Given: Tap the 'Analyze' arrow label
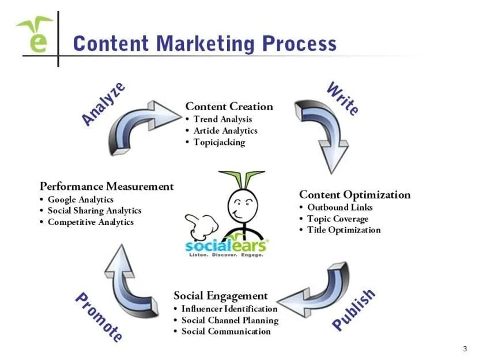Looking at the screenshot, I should (104, 104).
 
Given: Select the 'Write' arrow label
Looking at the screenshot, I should (342, 99).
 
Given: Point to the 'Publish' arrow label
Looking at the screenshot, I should (354, 310).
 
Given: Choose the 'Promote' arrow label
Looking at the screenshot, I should (99, 317).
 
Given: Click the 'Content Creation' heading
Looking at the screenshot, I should (229, 106).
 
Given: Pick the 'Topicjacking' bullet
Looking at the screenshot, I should (219, 142).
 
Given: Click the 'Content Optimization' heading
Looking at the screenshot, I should (354, 194).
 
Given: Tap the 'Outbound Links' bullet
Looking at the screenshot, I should (340, 207).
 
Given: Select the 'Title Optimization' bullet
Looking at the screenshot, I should (344, 230).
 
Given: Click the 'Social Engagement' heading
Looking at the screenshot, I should (221, 296).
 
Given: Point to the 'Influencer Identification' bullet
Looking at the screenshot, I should (229, 309).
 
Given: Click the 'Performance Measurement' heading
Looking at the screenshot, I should (107, 186).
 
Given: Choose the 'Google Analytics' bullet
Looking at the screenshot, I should (81, 200).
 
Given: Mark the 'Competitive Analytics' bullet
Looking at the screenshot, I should (90, 222).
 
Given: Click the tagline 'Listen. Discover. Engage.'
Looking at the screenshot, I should (227, 254).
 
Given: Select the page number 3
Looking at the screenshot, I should (465, 348).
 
